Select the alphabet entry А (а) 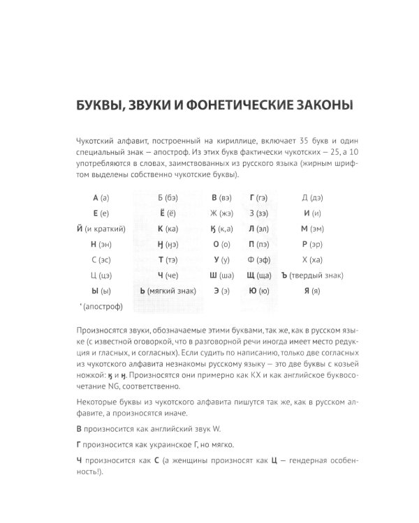pos(101,197)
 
